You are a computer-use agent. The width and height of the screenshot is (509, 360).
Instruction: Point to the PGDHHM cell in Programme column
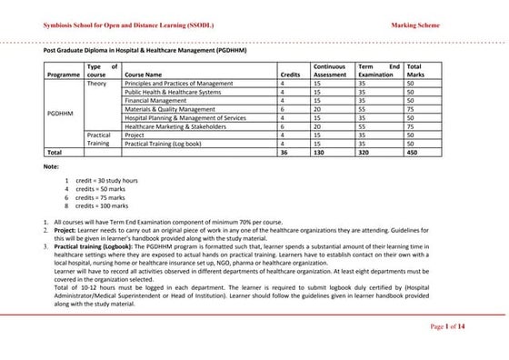(60, 113)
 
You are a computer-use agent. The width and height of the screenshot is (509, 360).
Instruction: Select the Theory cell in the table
(97, 83)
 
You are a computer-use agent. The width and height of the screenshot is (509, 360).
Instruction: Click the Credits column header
(291, 75)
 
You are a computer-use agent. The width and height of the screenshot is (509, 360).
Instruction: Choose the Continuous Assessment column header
(329, 71)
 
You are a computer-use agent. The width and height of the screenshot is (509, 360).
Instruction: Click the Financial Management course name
(156, 100)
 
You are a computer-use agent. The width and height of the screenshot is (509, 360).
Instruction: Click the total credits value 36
(284, 152)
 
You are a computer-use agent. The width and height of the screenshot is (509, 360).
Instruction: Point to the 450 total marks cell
(414, 152)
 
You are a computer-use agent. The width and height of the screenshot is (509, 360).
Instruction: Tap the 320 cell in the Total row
(365, 152)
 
